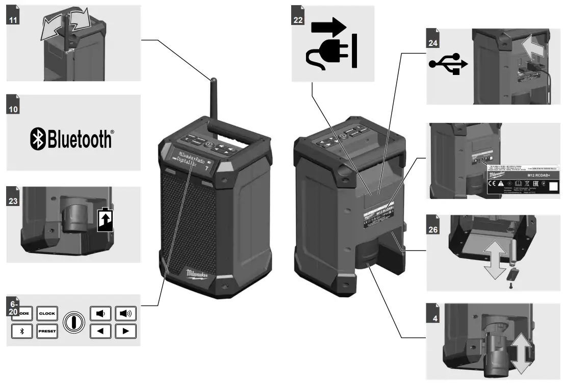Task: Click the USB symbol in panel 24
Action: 448,64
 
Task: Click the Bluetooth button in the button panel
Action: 21,331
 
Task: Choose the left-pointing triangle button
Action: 100,331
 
